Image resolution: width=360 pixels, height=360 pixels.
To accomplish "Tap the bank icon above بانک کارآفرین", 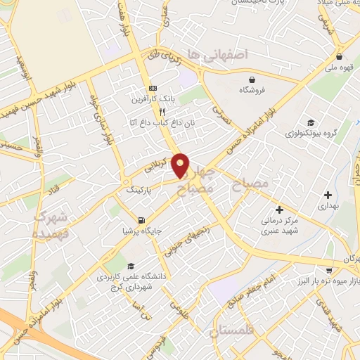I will (x=153, y=88).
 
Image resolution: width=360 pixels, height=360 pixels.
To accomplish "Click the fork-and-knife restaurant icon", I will (x=162, y=111).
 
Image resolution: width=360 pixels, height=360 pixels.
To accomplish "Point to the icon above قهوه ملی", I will (x=340, y=56).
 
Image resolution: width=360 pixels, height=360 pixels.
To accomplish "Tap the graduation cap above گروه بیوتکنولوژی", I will (x=310, y=121).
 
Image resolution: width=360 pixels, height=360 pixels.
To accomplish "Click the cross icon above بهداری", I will (x=328, y=195).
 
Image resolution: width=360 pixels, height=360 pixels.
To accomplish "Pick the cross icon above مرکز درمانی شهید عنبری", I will (x=280, y=209).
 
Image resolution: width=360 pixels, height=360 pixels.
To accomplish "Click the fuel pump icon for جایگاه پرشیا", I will (x=142, y=219).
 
